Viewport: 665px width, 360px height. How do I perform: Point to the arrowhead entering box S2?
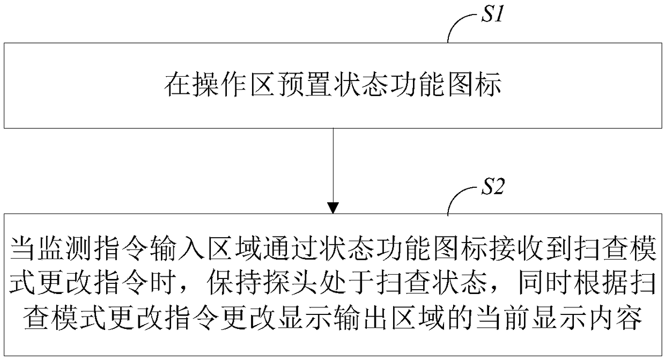[333, 208]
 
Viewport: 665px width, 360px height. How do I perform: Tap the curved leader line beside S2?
[459, 202]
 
